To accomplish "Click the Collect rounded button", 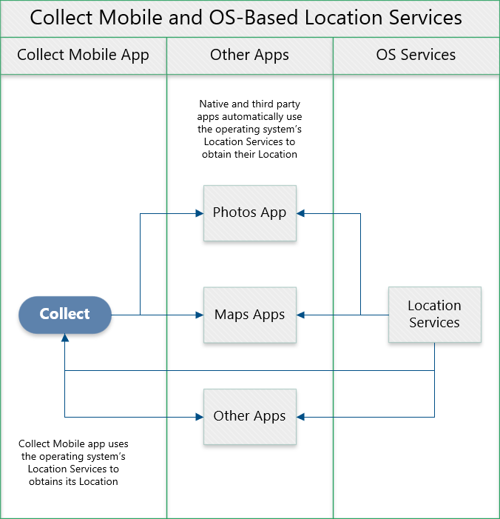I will pyautogui.click(x=65, y=315).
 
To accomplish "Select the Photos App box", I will pyautogui.click(x=249, y=213).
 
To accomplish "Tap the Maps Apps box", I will pyautogui.click(x=249, y=315).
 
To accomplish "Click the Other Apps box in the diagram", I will pyautogui.click(x=249, y=416).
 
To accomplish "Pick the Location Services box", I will pyautogui.click(x=434, y=315).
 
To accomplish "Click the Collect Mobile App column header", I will pyautogui.click(x=83, y=55).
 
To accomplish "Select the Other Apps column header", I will pyautogui.click(x=249, y=55).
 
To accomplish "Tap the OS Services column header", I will pyautogui.click(x=416, y=55).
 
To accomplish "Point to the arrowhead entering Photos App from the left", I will pyautogui.click(x=199, y=213).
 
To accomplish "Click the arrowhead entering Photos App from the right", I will pyautogui.click(x=301, y=213).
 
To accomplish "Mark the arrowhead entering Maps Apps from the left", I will pyautogui.click(x=199, y=315).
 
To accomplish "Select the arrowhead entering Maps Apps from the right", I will pyautogui.click(x=301, y=315).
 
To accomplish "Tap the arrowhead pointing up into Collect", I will pyautogui.click(x=65, y=338).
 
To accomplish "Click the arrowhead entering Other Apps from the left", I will pyautogui.click(x=199, y=417).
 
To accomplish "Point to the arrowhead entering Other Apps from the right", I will pyautogui.click(x=301, y=417).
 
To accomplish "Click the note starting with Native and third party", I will pyautogui.click(x=249, y=130).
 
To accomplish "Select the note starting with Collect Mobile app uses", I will pyautogui.click(x=73, y=462).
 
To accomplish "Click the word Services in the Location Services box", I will pyautogui.click(x=434, y=323).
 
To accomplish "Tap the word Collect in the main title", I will pyautogui.click(x=63, y=18).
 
